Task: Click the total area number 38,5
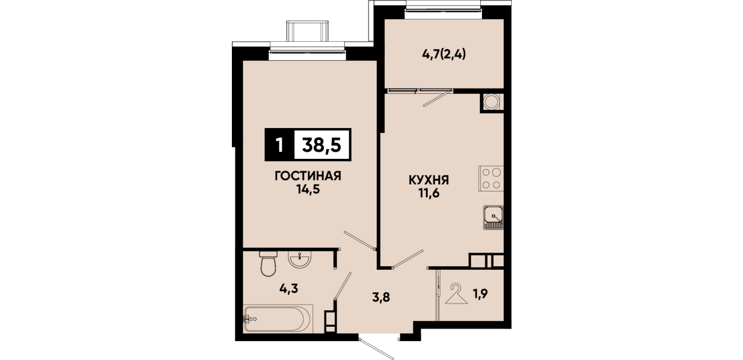point(322,145)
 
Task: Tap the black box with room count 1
point(280,145)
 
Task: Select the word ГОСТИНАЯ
point(308,176)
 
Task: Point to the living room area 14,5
point(308,190)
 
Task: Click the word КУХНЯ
point(428,180)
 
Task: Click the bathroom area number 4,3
point(288,289)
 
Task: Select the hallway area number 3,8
point(381,297)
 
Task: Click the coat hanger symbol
point(456,294)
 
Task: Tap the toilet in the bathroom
point(268,263)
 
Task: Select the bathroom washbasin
point(300,259)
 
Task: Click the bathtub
point(278,319)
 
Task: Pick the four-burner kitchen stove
point(491,178)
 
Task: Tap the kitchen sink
point(493,217)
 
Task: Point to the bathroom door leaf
point(342,286)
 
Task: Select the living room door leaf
point(360,240)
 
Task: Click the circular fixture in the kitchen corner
point(491,102)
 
